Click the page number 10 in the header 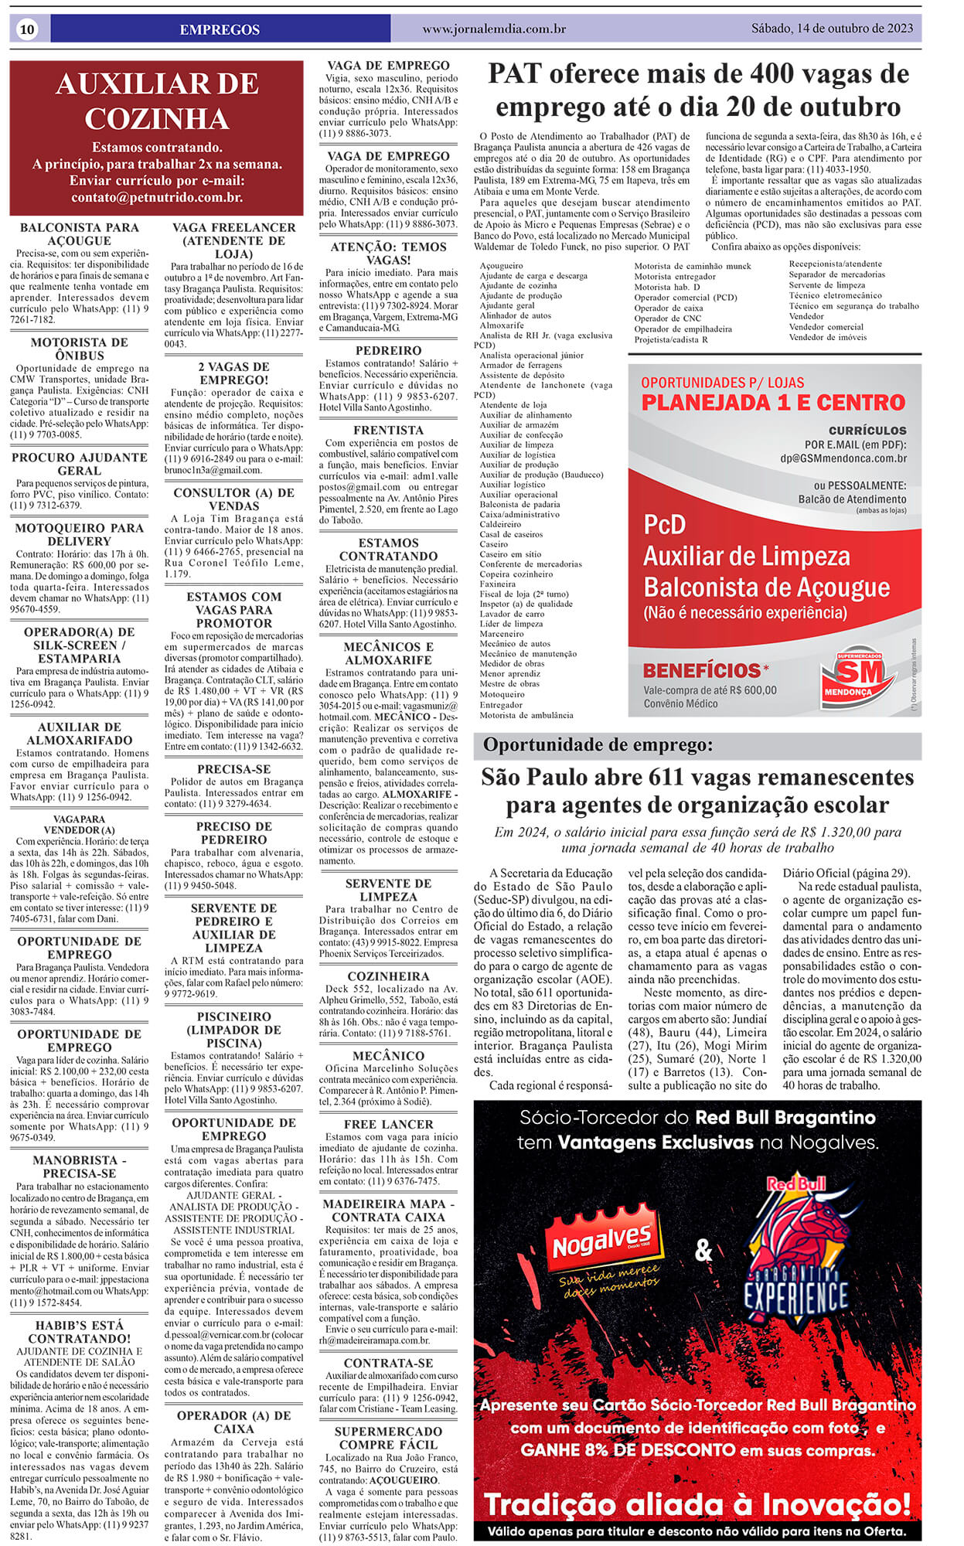coord(28,29)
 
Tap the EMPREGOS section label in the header coord(220,29)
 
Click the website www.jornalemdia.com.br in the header coord(494,29)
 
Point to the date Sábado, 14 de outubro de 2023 coord(832,29)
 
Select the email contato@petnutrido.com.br coord(157,197)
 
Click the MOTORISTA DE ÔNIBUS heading coord(79,349)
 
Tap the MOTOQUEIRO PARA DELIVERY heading coord(79,534)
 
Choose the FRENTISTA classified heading coord(388,430)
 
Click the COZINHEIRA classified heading coord(388,976)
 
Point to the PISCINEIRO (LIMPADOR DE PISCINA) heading coord(233,1030)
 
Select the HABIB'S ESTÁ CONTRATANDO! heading coord(79,1331)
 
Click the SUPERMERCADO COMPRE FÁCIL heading coord(388,1438)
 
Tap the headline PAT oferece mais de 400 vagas coord(698,90)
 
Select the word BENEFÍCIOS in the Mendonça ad coord(702,670)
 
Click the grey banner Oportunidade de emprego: coord(598,745)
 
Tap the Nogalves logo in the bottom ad coord(601,1246)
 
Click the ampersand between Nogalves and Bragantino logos coord(703,1250)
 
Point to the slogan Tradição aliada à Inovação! coord(697,1504)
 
